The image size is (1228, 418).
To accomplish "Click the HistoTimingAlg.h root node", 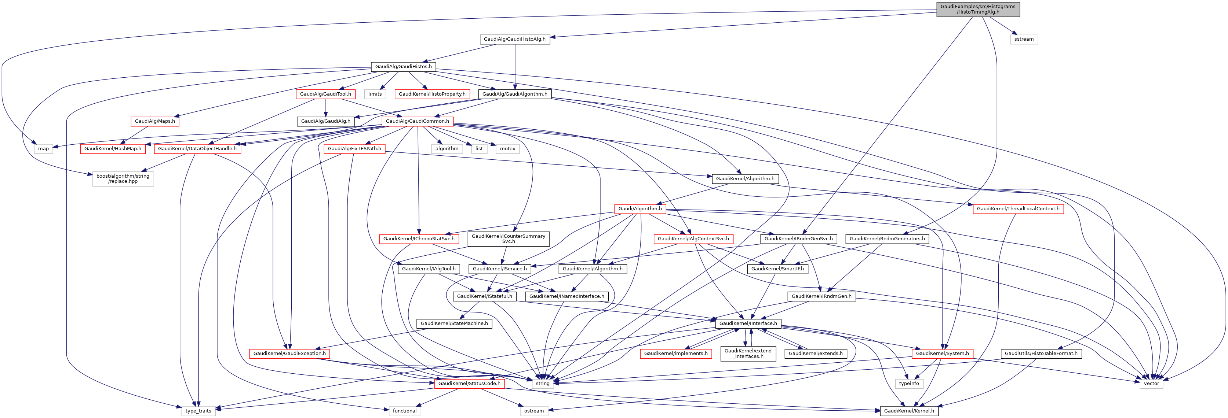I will pos(978,9).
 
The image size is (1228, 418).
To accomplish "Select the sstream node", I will pos(1024,39).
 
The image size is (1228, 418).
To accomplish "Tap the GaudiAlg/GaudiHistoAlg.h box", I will pos(514,39).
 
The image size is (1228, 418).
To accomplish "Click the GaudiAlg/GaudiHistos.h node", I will pos(403,67).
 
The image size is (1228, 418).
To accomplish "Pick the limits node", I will pos(375,94).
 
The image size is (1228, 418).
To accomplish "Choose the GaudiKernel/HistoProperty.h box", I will pos(432,94).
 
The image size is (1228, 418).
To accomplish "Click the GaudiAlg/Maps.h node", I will pos(155,121).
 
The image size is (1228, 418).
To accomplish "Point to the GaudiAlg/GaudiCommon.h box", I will pos(417,121).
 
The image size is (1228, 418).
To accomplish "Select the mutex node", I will pos(507,148).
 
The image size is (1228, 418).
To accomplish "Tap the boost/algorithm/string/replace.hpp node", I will pos(123,178).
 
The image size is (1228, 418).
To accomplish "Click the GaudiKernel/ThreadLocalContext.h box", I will pos(1018,208).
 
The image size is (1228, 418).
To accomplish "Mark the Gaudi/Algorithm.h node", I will pos(640,208).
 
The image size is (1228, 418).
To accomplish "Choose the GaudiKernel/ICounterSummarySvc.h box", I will pos(508,238).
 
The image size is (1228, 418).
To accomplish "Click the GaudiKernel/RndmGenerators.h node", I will pos(887,238).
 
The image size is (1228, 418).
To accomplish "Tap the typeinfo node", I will pos(908,384).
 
